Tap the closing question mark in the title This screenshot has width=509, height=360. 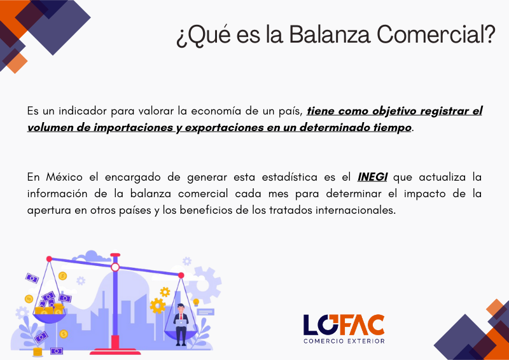tap(489, 34)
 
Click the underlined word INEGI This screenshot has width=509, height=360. tap(372, 177)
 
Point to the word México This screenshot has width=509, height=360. tap(64, 177)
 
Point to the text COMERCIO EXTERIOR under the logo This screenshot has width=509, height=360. tap(344, 341)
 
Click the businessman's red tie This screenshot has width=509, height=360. tap(181, 317)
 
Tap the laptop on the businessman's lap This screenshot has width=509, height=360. tap(181, 322)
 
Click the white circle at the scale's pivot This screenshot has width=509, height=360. tap(115, 268)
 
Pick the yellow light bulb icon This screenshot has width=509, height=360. tap(196, 302)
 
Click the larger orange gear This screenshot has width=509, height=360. tap(158, 305)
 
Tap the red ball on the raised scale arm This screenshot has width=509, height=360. tap(49, 259)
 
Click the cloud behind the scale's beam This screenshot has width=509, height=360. tap(92, 256)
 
